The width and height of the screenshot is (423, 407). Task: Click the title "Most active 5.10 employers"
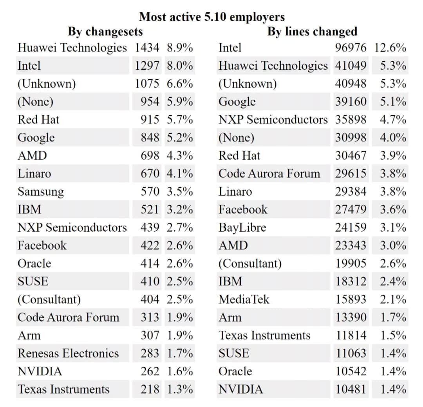click(x=211, y=17)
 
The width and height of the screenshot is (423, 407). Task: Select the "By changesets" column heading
click(x=105, y=31)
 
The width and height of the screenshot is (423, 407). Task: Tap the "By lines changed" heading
click(x=312, y=31)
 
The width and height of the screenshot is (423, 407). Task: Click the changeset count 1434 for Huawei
click(x=147, y=48)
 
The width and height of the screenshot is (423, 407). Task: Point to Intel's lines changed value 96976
click(x=351, y=48)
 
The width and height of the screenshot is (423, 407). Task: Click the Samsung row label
click(x=40, y=192)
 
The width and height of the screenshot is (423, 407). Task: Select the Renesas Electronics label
click(x=68, y=353)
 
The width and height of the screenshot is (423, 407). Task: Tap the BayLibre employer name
click(x=242, y=227)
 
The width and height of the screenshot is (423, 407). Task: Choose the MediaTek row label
click(x=244, y=299)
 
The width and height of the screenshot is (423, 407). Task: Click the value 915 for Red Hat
click(x=150, y=120)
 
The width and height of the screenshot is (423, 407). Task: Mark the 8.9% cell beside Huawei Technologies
click(x=179, y=48)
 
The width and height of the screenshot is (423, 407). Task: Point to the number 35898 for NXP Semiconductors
click(x=351, y=120)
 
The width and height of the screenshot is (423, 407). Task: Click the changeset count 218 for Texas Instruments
click(x=150, y=389)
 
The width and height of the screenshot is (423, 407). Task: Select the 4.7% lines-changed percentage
click(x=392, y=120)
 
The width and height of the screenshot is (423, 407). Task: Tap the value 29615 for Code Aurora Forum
click(x=351, y=173)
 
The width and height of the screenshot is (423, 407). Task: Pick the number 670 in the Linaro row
click(x=150, y=173)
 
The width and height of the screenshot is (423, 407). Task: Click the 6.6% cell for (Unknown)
click(x=179, y=84)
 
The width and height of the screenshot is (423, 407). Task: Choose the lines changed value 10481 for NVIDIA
click(x=351, y=389)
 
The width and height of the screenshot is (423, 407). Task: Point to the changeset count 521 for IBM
click(x=150, y=209)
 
